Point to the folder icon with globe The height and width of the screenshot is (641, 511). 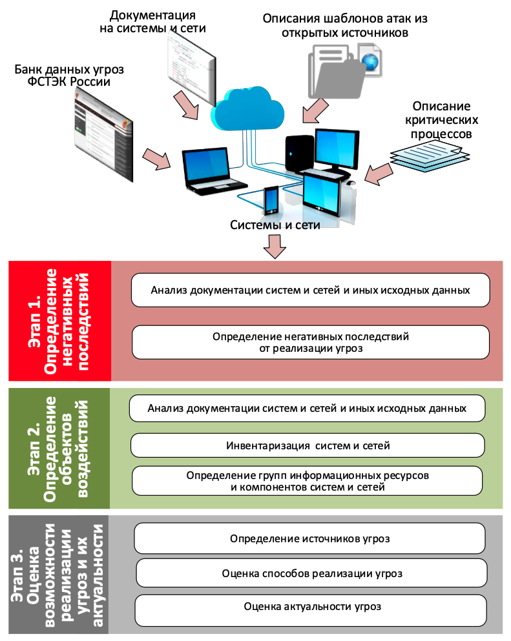pos(346,68)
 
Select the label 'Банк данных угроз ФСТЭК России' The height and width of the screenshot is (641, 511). pos(70,76)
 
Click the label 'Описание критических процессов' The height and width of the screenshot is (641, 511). pos(442,120)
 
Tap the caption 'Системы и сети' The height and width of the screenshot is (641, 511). pos(275,225)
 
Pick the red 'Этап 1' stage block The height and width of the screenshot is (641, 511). pos(60,321)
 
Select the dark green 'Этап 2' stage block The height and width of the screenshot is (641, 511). pos(60,447)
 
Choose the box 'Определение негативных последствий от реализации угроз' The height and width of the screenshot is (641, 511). pos(310,342)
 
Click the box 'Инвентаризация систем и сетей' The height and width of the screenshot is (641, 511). pos(308,445)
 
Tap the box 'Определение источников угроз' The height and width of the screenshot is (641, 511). pos(309,538)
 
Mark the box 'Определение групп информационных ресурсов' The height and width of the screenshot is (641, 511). pos(308,481)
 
